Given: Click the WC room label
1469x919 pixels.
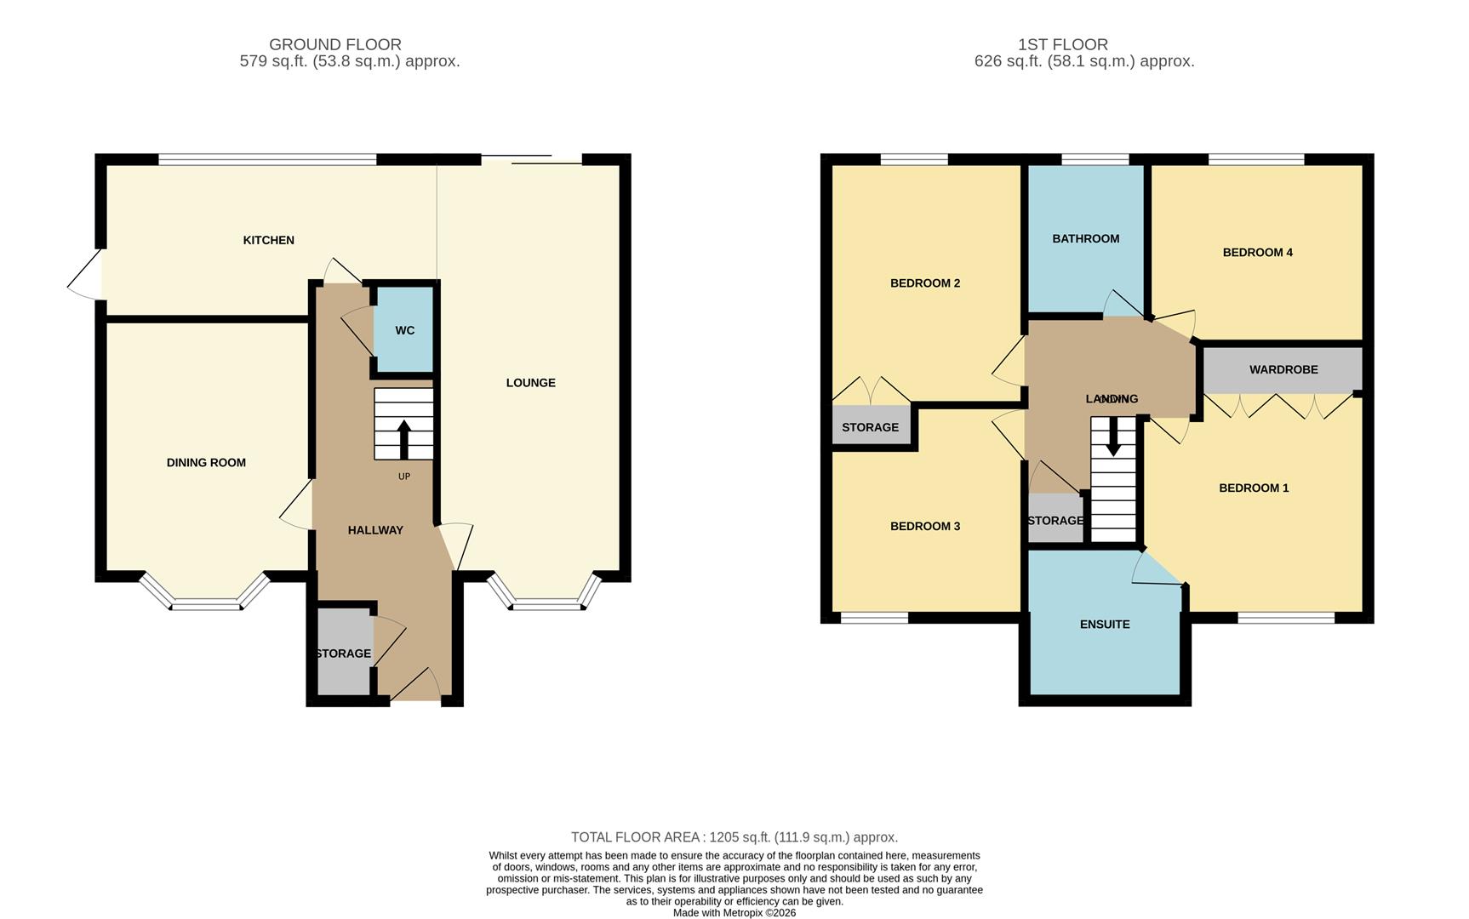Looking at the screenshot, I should point(405,330).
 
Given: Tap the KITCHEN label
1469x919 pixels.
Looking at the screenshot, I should point(269,241).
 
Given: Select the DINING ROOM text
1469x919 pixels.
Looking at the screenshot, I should point(206,463).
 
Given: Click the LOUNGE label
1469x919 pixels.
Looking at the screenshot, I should point(530,383).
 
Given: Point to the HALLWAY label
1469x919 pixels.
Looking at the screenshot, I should point(375,530).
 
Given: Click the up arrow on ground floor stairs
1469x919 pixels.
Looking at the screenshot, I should point(403,438).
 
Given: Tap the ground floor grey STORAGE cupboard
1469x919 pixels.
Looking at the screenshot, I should point(344,653).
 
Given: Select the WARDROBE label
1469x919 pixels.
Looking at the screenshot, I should point(1283,370).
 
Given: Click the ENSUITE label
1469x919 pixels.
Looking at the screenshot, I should point(1105,625).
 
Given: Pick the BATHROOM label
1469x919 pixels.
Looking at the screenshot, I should point(1085,239).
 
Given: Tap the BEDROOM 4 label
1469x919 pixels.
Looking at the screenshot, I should point(1257,253).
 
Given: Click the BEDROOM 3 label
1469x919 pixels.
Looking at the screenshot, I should point(924,527).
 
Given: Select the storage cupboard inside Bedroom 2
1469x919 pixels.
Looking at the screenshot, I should point(870,427).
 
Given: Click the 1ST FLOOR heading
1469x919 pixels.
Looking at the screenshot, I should point(1062,44).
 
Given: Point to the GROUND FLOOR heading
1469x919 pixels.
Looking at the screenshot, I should point(334,44).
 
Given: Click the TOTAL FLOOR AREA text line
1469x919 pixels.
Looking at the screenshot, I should point(734,837).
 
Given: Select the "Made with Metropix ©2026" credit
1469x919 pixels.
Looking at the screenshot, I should point(734,913).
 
